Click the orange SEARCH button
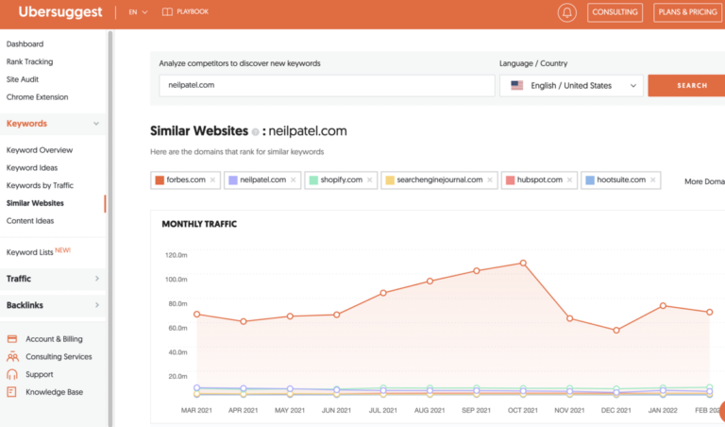691,85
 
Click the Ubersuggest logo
59,12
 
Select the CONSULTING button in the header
615,12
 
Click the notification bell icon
567,12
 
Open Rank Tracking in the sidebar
29,61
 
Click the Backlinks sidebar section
25,305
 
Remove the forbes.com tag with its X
212,179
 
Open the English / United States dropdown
571,85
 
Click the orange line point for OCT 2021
523,263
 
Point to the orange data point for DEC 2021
615,331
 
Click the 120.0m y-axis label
177,255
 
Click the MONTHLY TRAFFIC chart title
199,224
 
